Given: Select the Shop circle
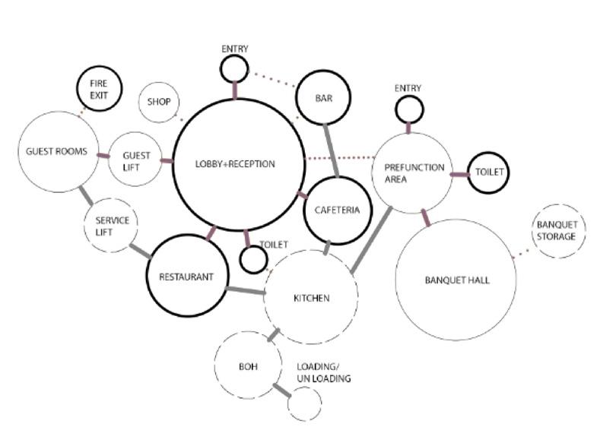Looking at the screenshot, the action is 159,102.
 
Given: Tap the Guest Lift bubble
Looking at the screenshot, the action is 135,160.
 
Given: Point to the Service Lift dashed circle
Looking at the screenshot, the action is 112,226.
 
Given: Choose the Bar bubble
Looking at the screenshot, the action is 323,97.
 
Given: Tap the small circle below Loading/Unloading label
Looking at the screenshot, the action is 304,403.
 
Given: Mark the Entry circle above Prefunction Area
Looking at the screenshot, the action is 408,110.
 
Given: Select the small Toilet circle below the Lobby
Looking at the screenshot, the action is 252,259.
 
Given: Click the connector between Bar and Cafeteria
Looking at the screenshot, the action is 332,150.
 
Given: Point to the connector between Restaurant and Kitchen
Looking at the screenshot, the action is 245,289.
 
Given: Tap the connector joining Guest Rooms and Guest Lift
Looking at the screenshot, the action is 103,156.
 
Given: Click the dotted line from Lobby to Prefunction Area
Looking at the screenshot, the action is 339,158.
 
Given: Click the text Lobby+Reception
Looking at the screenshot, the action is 235,164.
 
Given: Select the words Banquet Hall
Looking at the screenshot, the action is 457,280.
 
